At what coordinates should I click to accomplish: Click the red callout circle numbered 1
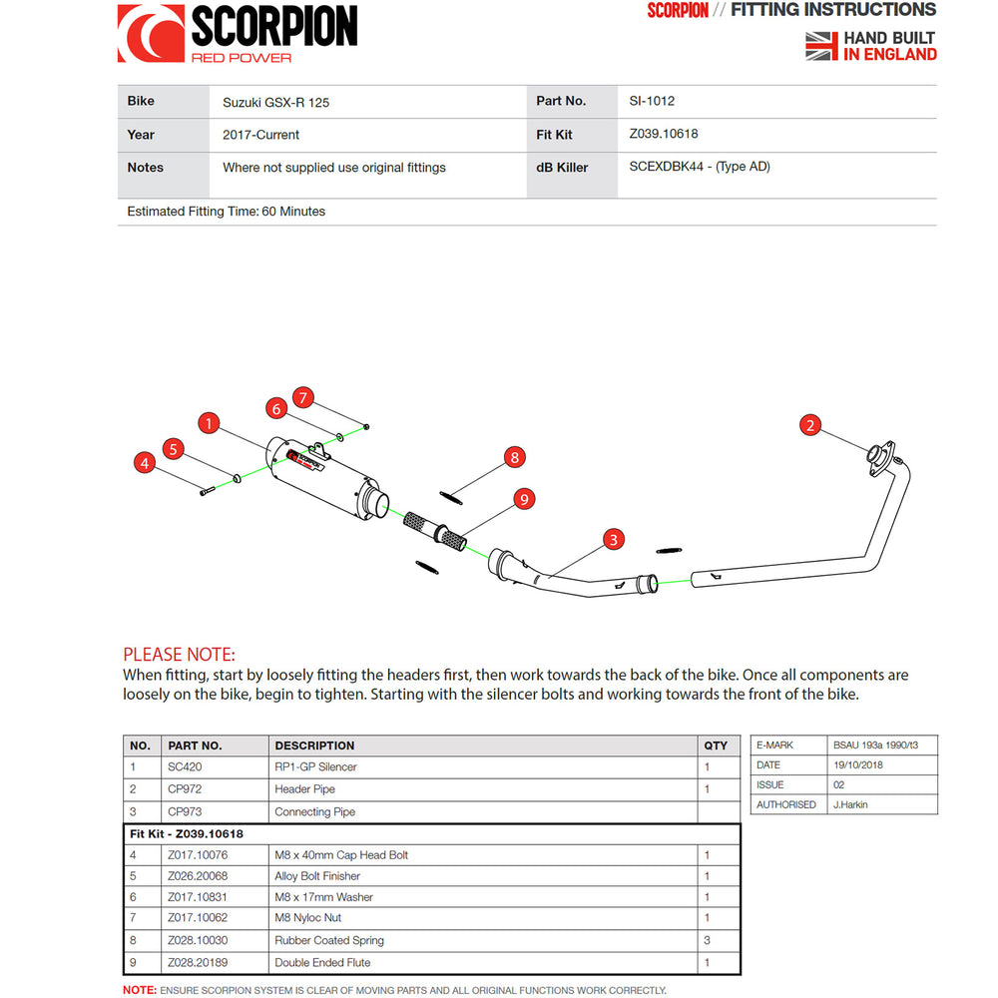[208, 424]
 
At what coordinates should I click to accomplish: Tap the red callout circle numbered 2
[810, 426]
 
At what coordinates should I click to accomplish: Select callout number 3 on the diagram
[614, 540]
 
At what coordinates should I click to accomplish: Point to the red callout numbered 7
[304, 397]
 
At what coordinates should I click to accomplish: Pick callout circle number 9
[524, 498]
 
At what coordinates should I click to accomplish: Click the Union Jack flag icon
[820, 46]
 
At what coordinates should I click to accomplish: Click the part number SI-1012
[652, 101]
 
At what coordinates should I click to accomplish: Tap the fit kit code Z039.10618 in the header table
[663, 134]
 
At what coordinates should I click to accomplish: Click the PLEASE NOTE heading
[179, 655]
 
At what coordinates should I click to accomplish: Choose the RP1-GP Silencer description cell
[315, 766]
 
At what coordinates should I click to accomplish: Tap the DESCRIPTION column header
[314, 746]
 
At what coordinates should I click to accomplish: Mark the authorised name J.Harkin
[851, 804]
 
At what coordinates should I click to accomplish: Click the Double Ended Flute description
[322, 962]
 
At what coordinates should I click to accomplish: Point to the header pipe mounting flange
[878, 454]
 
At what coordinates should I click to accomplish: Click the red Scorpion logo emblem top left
[151, 33]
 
